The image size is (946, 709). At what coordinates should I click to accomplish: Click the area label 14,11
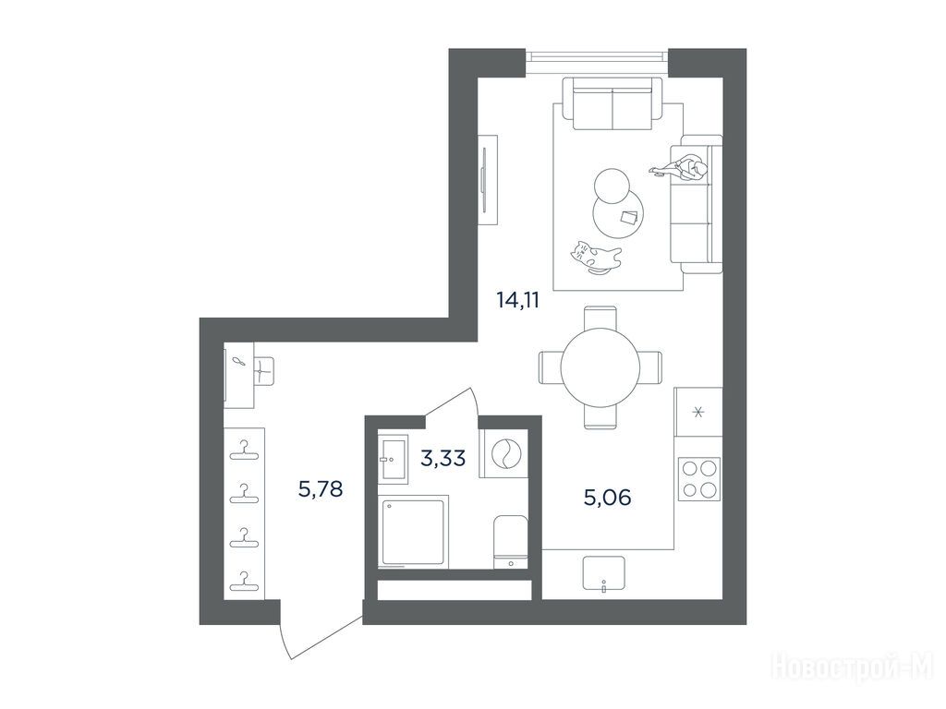pos(517,300)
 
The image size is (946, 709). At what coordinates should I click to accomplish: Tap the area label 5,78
pos(321,488)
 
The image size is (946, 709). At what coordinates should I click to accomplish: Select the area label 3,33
pos(443,458)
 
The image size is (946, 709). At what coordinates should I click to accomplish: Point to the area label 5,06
pos(607,498)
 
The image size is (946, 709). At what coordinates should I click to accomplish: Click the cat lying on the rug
pos(596,258)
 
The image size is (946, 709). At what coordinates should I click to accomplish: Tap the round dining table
pos(600,367)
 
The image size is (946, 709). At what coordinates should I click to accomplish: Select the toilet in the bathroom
pos(511,541)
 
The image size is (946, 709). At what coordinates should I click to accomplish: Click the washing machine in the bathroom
pos(503,452)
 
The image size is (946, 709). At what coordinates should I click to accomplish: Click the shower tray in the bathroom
pos(414,531)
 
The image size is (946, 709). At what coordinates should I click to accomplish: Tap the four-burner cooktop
pos(698,479)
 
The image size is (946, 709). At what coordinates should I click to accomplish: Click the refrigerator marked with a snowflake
pos(698,412)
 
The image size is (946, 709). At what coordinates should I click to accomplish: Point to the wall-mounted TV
pos(488,179)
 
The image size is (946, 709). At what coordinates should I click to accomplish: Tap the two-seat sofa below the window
pos(612,103)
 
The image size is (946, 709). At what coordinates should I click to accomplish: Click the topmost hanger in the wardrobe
pos(244,450)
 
